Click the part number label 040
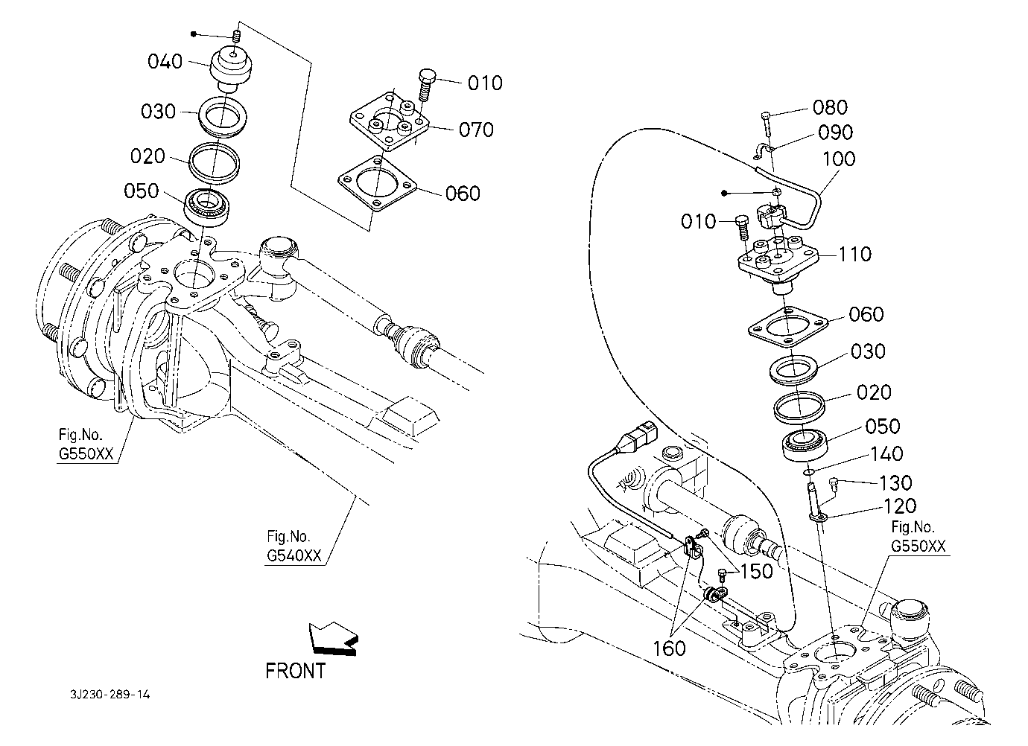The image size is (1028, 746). (x=165, y=62)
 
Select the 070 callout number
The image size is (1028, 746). (x=476, y=130)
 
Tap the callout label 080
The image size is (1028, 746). (x=830, y=107)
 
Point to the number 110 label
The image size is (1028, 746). (x=854, y=254)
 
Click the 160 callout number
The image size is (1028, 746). (x=669, y=648)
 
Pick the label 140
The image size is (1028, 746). (x=886, y=453)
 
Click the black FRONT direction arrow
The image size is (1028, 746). (x=333, y=638)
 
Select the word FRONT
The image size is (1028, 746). (x=296, y=671)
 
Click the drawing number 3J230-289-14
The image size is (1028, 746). (x=110, y=695)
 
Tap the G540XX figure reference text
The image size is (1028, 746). (x=294, y=555)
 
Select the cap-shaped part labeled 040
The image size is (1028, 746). (x=231, y=68)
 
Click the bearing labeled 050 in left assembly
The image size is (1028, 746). (x=206, y=207)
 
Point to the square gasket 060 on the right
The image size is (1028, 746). (x=788, y=327)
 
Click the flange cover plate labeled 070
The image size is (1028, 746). (x=390, y=121)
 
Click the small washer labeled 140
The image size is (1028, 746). (x=809, y=471)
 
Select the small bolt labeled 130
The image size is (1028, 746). (x=834, y=485)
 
